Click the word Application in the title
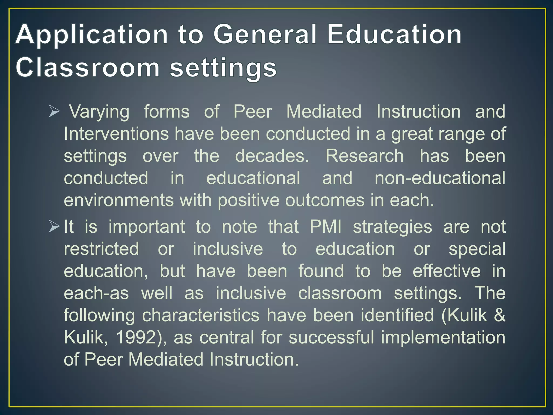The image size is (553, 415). coord(92,35)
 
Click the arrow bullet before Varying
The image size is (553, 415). coord(54,112)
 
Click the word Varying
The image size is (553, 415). coord(99,112)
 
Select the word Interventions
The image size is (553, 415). coord(116,134)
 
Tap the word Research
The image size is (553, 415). coord(365,156)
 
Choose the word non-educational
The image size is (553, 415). coord(440,178)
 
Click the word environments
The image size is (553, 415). coord(119,200)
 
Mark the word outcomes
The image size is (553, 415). coord(325,200)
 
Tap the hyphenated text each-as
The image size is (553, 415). coord(96,293)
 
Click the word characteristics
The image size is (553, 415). coord(201,315)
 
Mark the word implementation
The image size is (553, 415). coord(443,338)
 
